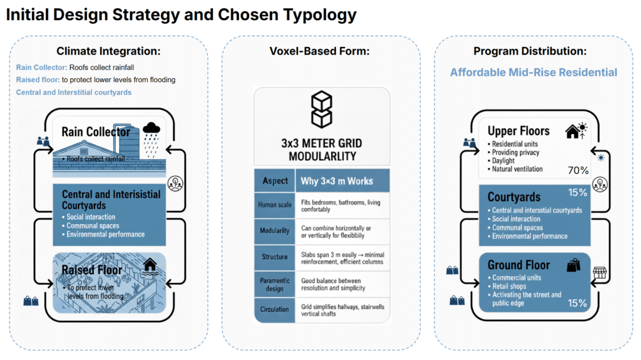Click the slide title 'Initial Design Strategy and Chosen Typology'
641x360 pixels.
pos(182,15)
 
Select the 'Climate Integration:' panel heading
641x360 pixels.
pos(108,51)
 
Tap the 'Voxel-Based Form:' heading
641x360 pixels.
pos(321,51)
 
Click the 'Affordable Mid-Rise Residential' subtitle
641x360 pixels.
pos(533,72)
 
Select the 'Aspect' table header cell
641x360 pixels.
pos(275,181)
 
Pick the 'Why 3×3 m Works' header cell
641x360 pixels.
pos(337,181)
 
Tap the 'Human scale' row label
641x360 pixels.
pos(275,204)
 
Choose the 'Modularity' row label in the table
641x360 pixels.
pos(275,230)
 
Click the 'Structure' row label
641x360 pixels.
pos(275,257)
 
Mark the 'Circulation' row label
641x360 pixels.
pos(275,309)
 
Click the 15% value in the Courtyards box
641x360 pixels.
pos(577,192)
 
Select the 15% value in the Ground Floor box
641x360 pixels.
pos(577,303)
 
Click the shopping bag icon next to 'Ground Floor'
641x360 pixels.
pos(573,265)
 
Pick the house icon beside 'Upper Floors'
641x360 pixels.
pos(575,131)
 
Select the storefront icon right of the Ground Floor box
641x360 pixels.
pos(599,272)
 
